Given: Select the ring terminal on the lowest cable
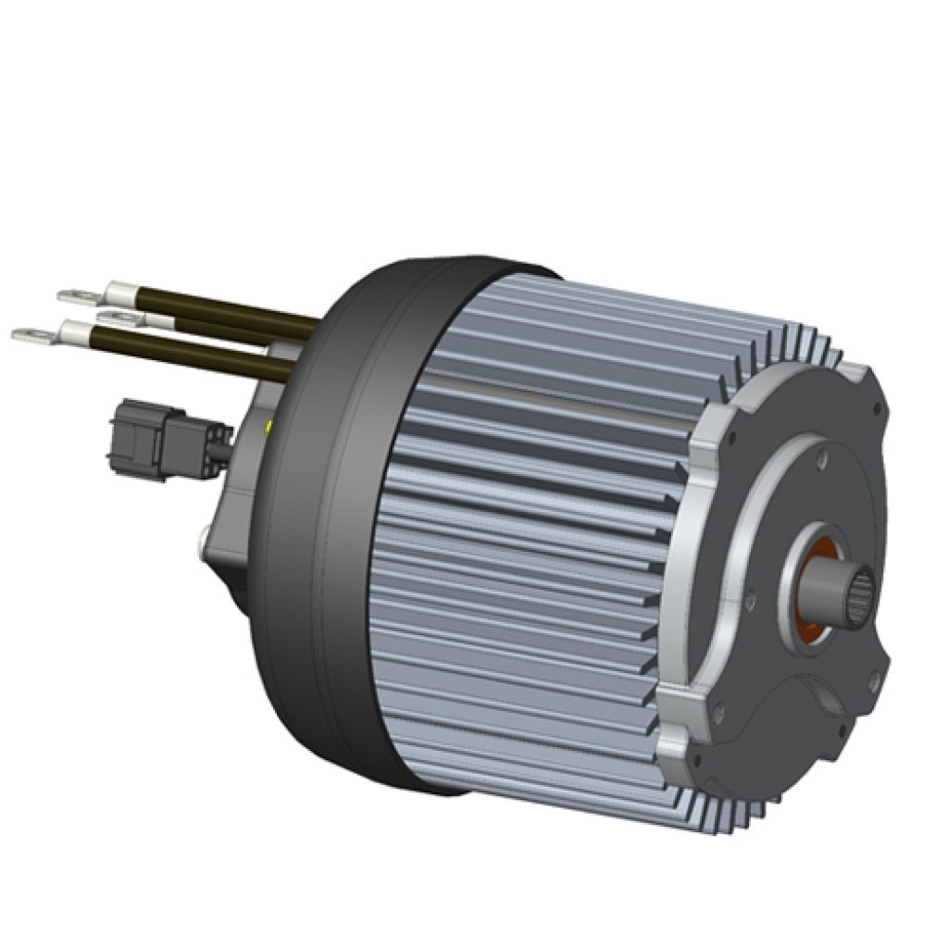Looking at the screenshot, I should (x=31, y=333).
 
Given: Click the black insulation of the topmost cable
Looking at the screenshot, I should (x=231, y=310).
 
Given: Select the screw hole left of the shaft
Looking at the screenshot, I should (x=747, y=603).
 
